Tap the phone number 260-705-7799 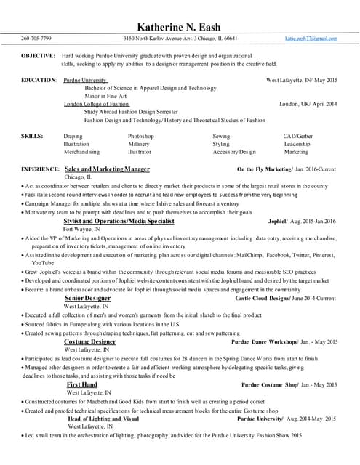pos(36,38)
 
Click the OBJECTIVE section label pos(39,56)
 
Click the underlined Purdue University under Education pos(86,79)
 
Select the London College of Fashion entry pos(97,104)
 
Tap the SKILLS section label pos(32,136)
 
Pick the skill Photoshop pos(141,136)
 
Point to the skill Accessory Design pos(234,152)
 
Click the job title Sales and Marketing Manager pos(107,169)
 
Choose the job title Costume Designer pos(90,341)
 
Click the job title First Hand pos(82,384)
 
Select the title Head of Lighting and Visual pos(103,418)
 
